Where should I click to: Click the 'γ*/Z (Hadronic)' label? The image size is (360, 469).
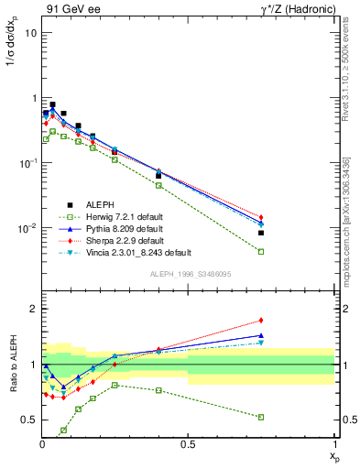294,9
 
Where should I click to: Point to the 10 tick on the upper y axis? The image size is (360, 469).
30,33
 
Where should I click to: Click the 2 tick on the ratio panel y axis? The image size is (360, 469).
33,309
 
